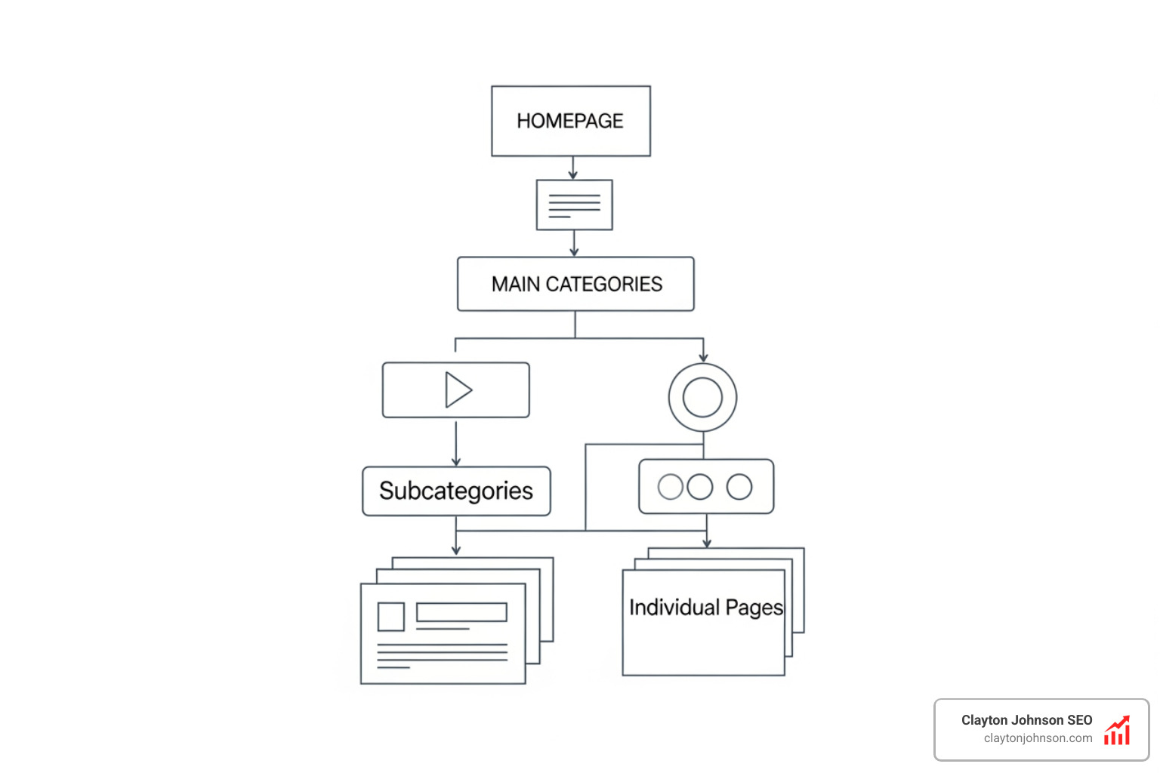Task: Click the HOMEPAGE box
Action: coord(571,121)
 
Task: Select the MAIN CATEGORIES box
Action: coord(575,284)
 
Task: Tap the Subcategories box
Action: coord(456,491)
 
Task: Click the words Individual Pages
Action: coord(705,608)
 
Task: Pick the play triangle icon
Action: coord(458,390)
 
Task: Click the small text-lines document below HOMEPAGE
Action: coord(574,205)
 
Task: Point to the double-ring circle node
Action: coord(702,397)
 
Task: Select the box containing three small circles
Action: coord(706,486)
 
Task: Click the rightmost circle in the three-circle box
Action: coord(739,487)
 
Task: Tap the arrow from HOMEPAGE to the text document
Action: coord(573,168)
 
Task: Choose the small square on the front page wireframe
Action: coord(391,617)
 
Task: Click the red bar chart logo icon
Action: coord(1117,731)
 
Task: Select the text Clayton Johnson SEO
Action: coord(1026,720)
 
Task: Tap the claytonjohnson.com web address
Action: coord(1038,738)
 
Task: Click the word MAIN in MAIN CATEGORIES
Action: coord(516,285)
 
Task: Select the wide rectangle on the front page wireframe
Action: coord(461,612)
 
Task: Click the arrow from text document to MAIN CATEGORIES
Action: coord(574,244)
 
